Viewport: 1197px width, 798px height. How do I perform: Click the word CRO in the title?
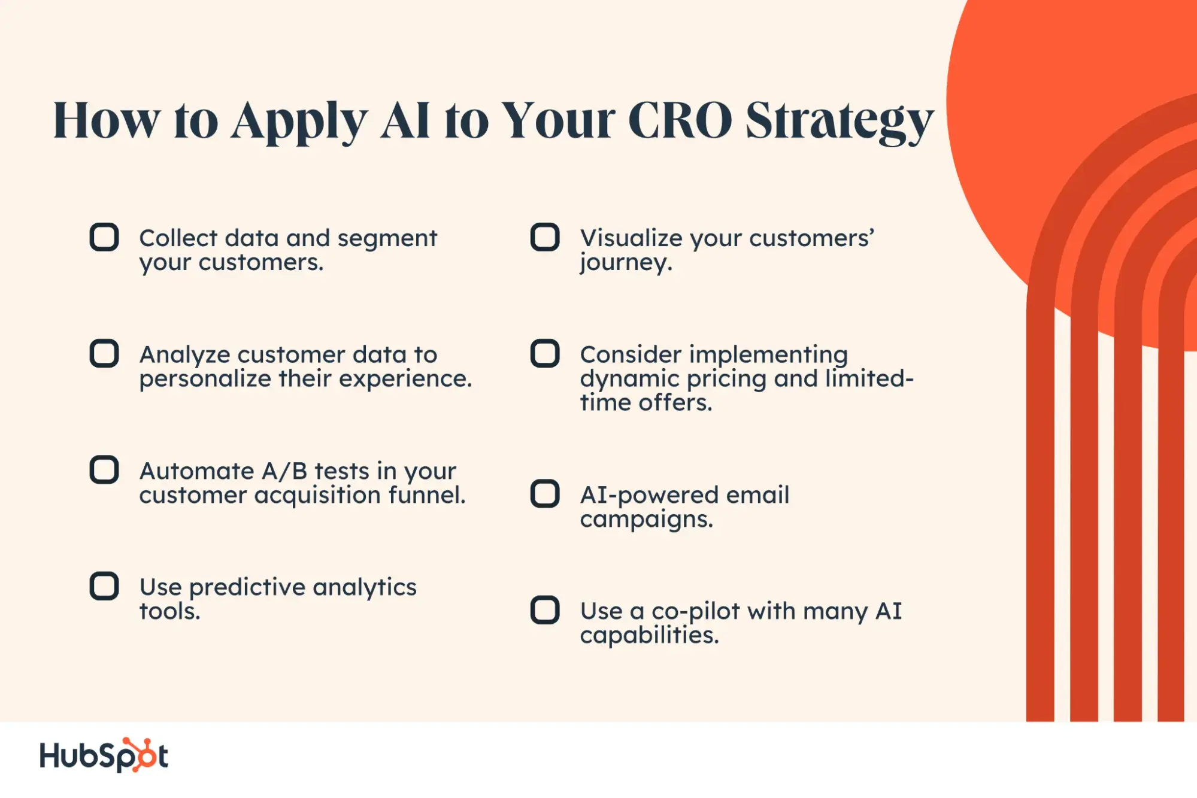coord(680,120)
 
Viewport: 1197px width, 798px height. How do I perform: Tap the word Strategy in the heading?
coord(840,123)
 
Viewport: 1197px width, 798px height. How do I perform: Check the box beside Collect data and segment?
coord(104,237)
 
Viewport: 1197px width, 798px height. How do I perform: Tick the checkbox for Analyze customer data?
coord(104,353)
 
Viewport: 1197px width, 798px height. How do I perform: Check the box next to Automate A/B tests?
coord(104,470)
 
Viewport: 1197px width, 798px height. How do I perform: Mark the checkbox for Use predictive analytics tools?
coord(104,586)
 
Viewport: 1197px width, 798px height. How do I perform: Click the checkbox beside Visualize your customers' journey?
coord(545,237)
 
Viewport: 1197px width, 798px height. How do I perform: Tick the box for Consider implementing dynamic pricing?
coord(545,353)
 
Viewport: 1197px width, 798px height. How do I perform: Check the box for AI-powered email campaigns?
coord(545,494)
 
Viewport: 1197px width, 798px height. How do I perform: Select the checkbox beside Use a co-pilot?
coord(545,610)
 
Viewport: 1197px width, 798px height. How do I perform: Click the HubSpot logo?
coord(104,755)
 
